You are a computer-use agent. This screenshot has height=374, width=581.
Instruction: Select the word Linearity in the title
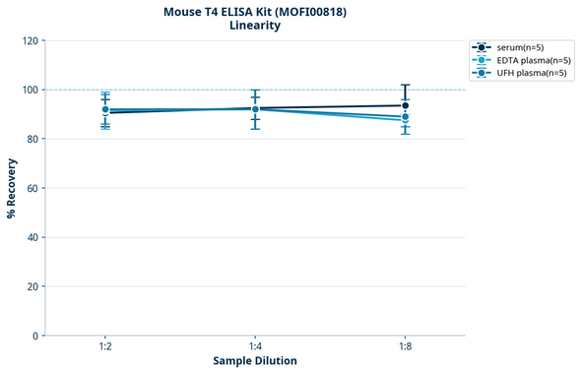254,26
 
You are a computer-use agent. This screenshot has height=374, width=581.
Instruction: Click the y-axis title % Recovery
12,187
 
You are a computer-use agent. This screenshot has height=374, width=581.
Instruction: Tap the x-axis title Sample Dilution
255,361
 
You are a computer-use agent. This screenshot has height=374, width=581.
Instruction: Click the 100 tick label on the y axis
30,90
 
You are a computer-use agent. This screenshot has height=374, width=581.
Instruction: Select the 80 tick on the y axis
32,139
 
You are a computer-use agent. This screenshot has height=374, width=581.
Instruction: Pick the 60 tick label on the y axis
32,188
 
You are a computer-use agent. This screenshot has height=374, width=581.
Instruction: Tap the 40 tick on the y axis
32,237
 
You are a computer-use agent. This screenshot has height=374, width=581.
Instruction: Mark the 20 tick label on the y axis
32,286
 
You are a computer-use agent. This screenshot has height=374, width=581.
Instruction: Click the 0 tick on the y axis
35,336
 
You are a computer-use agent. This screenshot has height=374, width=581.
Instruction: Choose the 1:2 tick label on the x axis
105,347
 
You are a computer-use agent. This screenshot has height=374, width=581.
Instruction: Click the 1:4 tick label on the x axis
255,347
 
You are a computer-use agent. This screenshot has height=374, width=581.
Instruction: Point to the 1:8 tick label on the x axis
405,347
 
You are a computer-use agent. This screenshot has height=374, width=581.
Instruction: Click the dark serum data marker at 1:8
405,105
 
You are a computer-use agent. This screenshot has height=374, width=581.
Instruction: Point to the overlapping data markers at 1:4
255,109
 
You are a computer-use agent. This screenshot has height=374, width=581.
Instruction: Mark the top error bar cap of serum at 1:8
405,85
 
